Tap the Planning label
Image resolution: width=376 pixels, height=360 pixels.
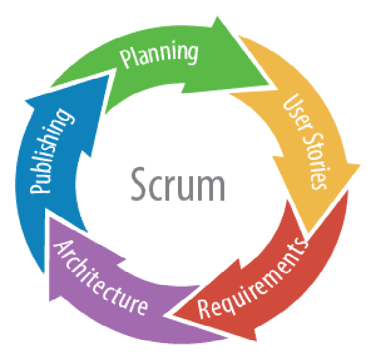pos(160,55)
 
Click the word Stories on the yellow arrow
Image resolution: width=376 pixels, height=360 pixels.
pos(313,159)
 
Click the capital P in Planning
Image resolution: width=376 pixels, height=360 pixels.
pos(126,62)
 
